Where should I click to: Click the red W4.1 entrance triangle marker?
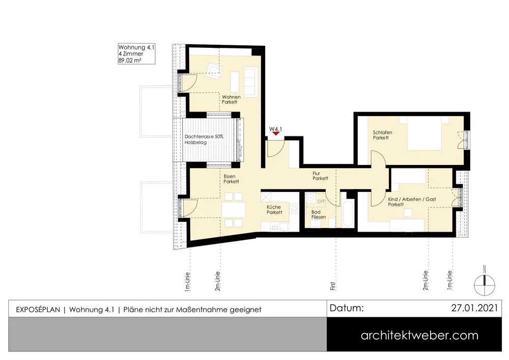[x=276, y=133]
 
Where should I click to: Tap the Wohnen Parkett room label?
[x=231, y=99]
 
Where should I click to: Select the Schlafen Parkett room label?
[x=382, y=135]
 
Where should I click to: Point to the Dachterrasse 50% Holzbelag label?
[x=204, y=140]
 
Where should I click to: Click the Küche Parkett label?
[x=274, y=210]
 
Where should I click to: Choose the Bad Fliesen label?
[x=319, y=214]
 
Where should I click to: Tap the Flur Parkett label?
[x=320, y=176]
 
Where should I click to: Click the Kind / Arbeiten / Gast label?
[x=412, y=199]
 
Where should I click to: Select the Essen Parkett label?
[x=231, y=179]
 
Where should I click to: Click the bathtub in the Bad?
[x=347, y=213]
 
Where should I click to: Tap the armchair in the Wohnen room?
[x=215, y=70]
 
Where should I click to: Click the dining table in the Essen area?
[x=234, y=210]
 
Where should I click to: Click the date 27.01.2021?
[x=474, y=308]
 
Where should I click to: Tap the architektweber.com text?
[x=419, y=336]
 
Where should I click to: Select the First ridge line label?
[x=333, y=286]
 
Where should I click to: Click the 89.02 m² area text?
[x=130, y=61]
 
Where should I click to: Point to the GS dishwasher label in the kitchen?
[x=275, y=228]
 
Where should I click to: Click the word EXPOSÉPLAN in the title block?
[x=38, y=310]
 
